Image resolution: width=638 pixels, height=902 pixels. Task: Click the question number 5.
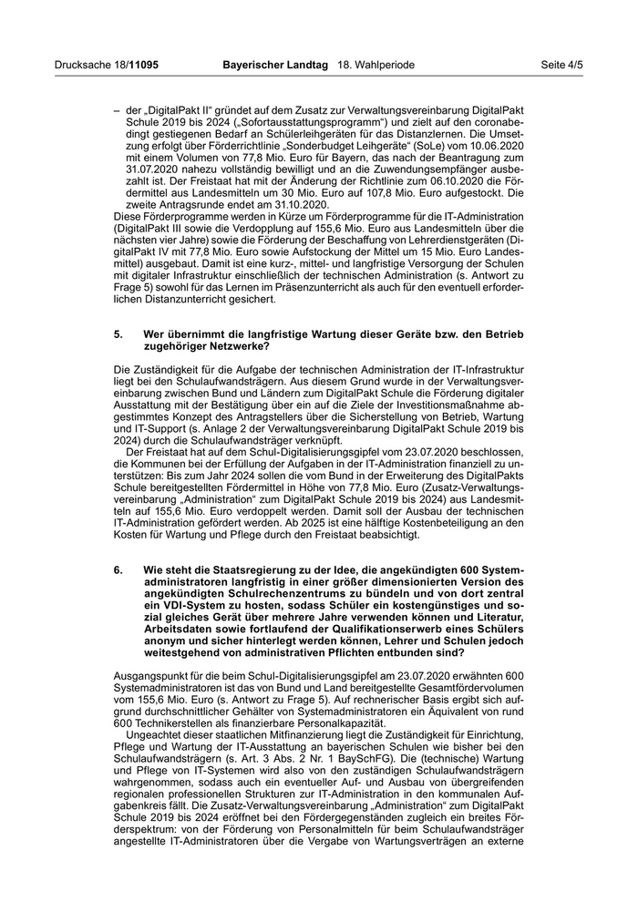click(x=118, y=334)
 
